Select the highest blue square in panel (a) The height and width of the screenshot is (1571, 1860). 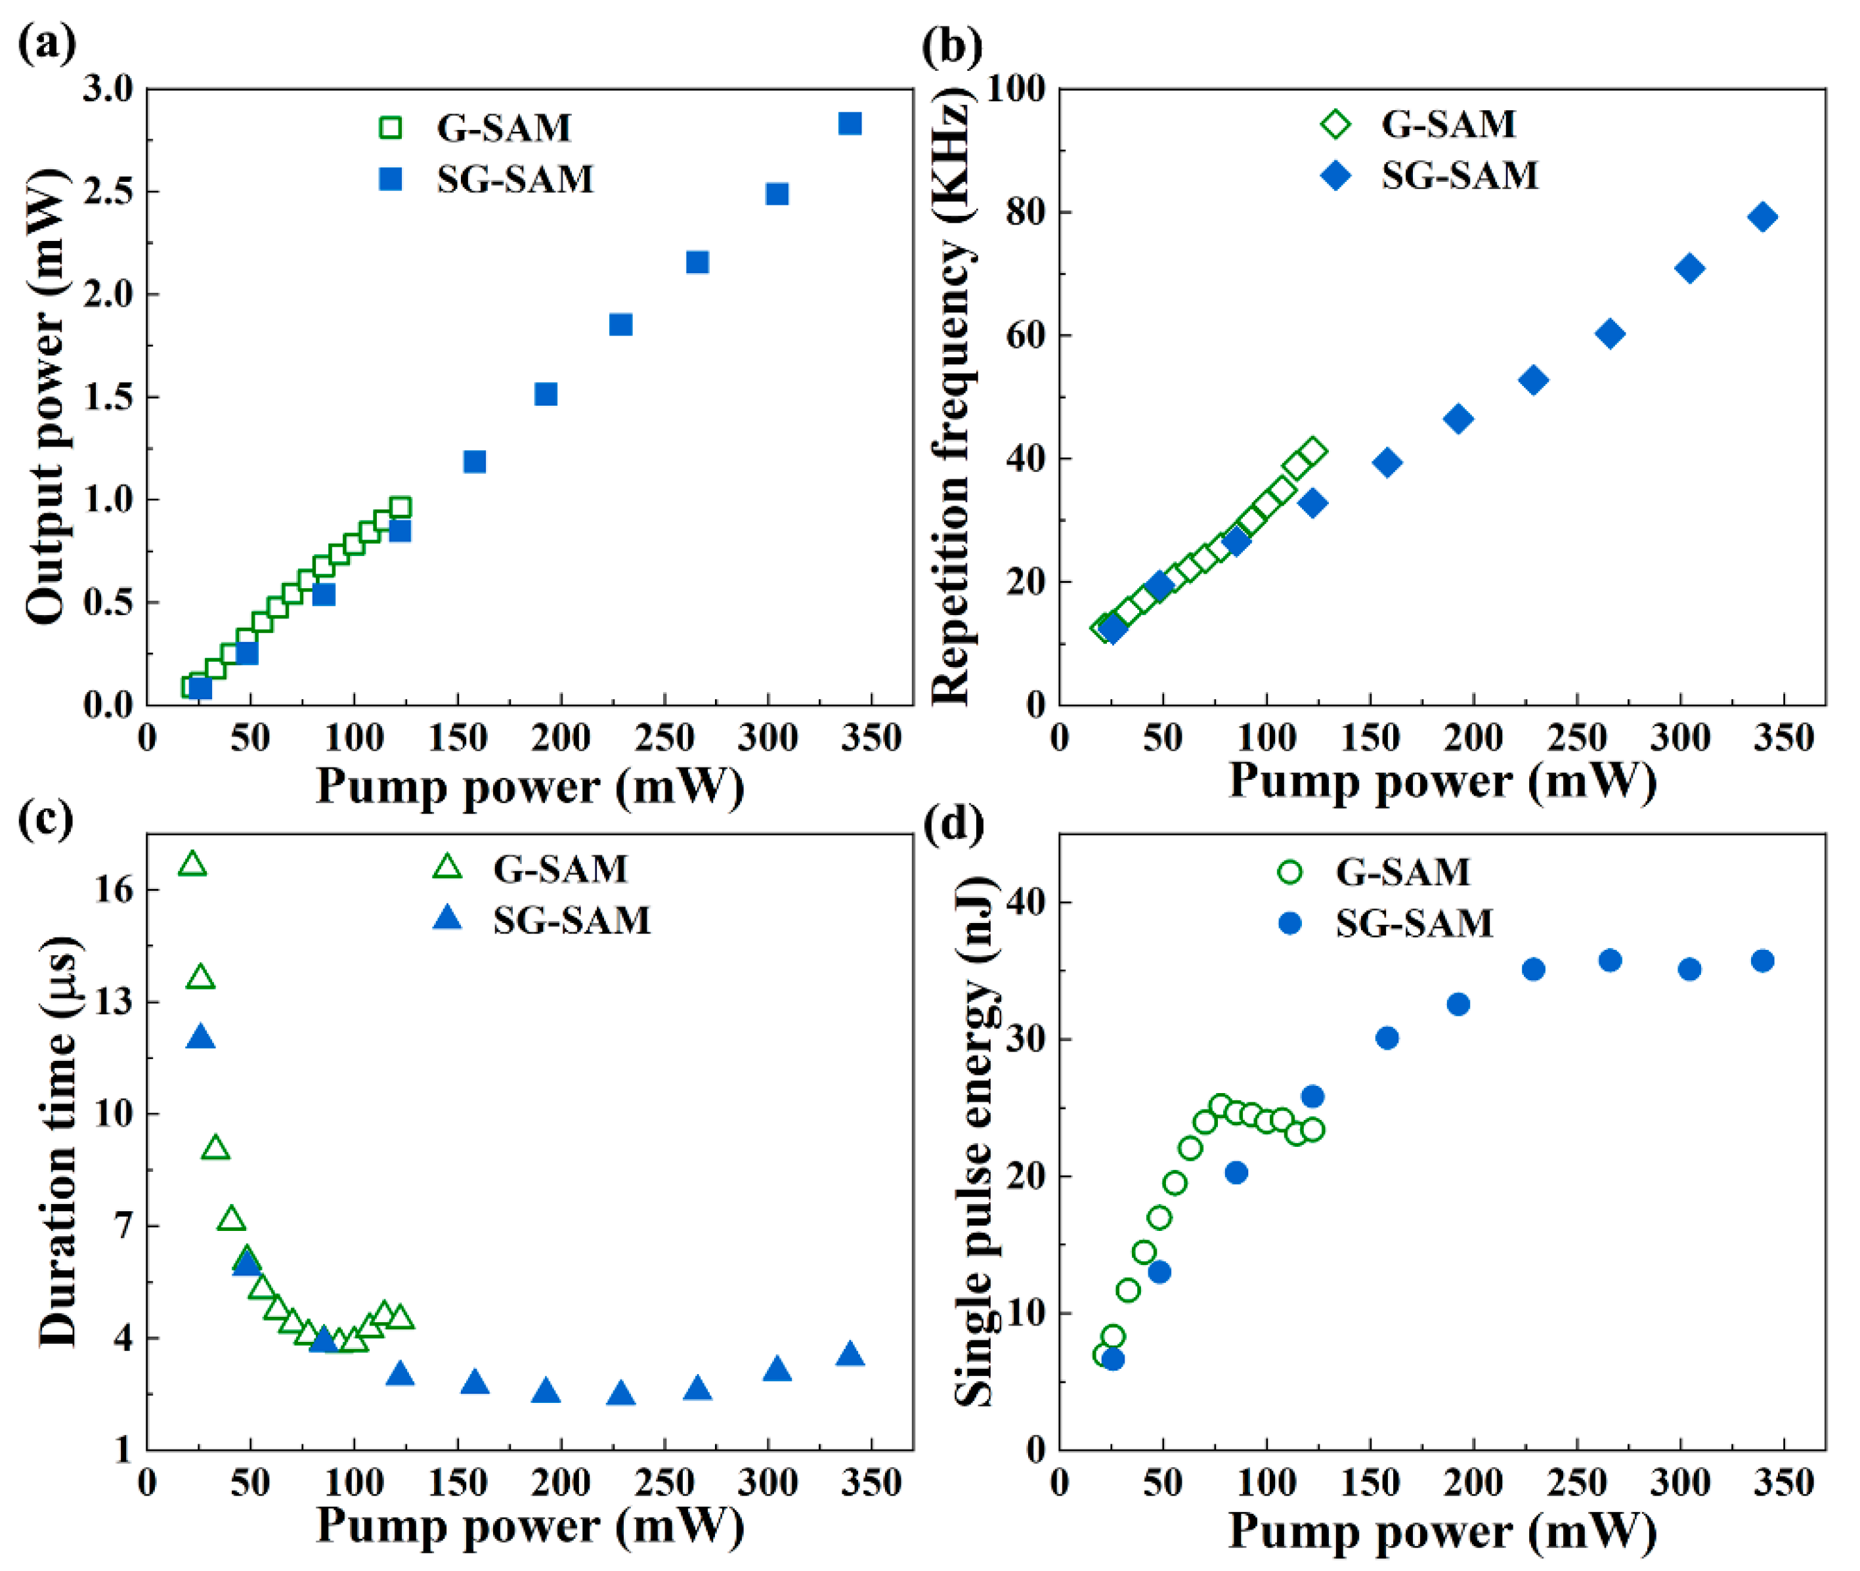pyautogui.click(x=850, y=124)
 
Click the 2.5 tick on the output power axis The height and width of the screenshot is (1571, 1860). pyautogui.click(x=107, y=192)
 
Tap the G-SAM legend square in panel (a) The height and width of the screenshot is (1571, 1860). pyautogui.click(x=390, y=127)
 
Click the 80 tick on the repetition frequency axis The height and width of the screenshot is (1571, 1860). pyautogui.click(x=1024, y=213)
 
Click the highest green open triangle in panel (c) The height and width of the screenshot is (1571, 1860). pyautogui.click(x=192, y=864)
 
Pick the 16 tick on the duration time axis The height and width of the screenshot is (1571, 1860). pyautogui.click(x=114, y=890)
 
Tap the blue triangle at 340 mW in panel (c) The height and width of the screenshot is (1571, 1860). pyautogui.click(x=850, y=1354)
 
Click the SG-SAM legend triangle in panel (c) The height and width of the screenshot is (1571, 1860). pyautogui.click(x=447, y=918)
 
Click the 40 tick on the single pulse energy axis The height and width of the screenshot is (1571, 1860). pyautogui.click(x=1026, y=901)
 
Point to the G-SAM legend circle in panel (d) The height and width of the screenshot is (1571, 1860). pyautogui.click(x=1290, y=871)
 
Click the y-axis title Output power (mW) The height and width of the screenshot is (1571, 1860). pyautogui.click(x=47, y=397)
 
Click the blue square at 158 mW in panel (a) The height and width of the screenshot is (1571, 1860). pyautogui.click(x=475, y=462)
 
